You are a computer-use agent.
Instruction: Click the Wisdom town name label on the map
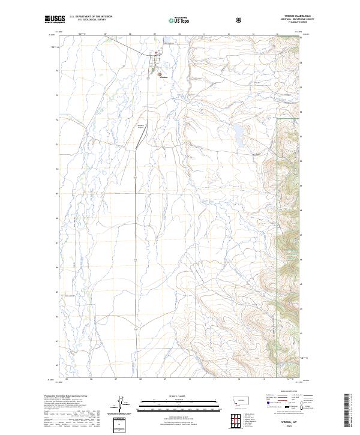point(163,77)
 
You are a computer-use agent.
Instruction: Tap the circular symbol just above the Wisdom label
point(160,74)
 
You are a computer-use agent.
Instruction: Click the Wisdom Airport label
point(142,125)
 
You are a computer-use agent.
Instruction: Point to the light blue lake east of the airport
point(238,130)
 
